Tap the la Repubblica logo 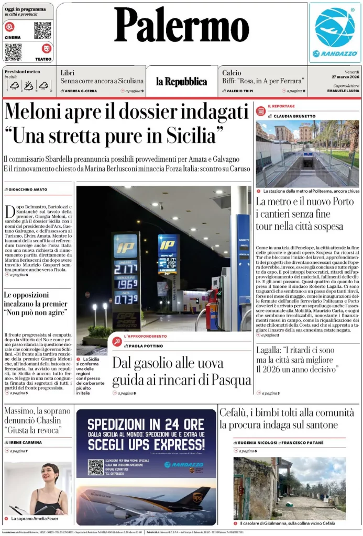181,81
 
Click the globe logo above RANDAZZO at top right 335,27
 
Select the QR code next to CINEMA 42,30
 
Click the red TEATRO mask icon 47,49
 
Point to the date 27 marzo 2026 345,77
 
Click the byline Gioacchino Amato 27,189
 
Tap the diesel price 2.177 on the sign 125,269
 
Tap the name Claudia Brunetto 296,116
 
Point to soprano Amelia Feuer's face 50,475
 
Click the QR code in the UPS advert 96,467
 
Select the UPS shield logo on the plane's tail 197,496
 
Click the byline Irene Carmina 27,442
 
